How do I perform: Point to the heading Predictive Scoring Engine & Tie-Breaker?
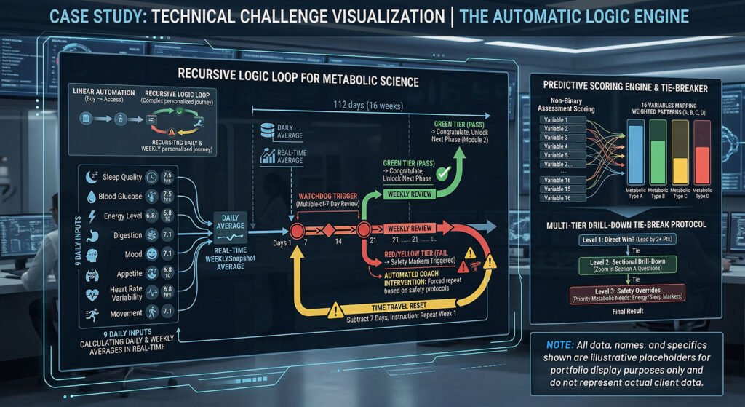click(x=624, y=87)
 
